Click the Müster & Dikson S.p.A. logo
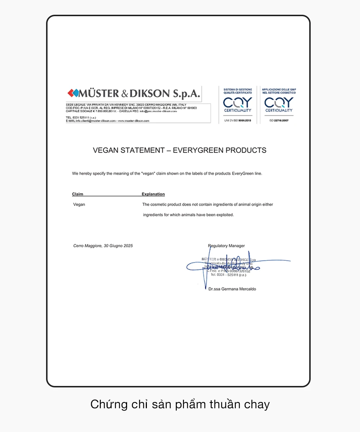134,94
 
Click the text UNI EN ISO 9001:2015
237,120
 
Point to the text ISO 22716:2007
279,120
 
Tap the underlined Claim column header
77,194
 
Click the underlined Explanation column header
153,194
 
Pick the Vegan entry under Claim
79,205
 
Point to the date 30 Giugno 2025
118,246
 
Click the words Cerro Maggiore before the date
87,246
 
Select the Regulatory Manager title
226,246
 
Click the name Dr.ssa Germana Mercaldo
232,289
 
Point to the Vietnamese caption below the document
180,404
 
